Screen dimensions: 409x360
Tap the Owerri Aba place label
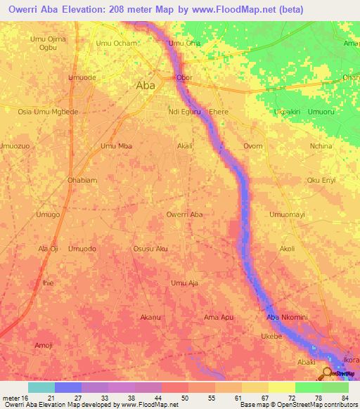click(185, 214)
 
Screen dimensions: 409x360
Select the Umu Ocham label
click(116, 44)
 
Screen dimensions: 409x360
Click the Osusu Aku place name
click(150, 249)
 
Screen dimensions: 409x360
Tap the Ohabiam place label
click(82, 180)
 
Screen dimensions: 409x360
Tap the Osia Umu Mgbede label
click(48, 112)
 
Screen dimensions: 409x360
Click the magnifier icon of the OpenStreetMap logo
click(328, 373)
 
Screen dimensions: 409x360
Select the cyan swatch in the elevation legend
click(41, 387)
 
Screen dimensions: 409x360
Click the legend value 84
click(344, 398)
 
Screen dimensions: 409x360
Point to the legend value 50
click(184, 398)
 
